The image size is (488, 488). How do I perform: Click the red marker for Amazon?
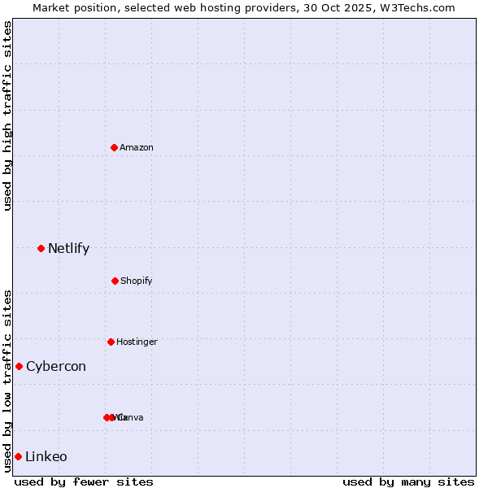(115, 147)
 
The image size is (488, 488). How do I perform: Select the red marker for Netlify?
(41, 248)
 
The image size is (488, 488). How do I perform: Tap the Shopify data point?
(115, 281)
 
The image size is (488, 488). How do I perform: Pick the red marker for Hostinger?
(111, 342)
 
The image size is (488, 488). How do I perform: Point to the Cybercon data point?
(19, 366)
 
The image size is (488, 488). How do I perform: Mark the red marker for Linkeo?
(18, 456)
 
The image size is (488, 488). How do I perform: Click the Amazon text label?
(137, 147)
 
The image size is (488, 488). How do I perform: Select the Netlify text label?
(68, 248)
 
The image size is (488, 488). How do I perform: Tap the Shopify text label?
(137, 281)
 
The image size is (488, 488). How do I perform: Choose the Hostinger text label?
(137, 342)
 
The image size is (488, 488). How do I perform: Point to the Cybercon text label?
(56, 366)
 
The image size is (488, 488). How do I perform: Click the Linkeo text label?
(46, 456)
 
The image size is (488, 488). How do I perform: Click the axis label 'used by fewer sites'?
(84, 481)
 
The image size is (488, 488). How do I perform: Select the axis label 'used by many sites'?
(407, 481)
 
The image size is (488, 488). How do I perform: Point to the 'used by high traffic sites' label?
(7, 115)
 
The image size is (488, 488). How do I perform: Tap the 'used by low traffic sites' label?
(7, 381)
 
